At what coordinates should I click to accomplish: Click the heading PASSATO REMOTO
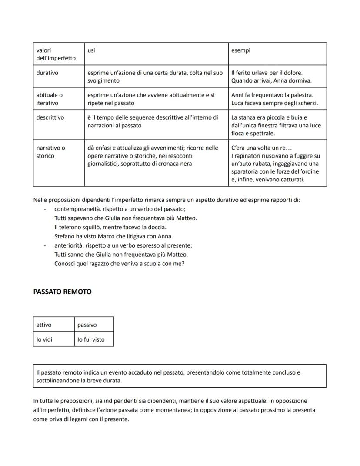[x=62, y=292]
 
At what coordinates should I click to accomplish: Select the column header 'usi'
[x=91, y=50]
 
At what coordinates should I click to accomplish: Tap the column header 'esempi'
[x=240, y=50]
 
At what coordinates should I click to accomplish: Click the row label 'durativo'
[x=47, y=73]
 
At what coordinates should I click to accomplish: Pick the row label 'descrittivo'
[x=50, y=117]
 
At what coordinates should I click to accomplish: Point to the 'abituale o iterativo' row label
[x=49, y=99]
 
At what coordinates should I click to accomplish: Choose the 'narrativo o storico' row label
[x=50, y=152]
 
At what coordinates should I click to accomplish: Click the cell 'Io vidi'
[x=44, y=339]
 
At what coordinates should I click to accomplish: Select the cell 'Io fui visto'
[x=91, y=339]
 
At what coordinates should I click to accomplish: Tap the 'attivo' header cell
[x=44, y=325]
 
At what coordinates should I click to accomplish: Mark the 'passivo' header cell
[x=87, y=325]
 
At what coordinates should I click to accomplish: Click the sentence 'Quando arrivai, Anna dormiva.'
[x=271, y=81]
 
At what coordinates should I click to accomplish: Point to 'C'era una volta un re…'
[x=261, y=148]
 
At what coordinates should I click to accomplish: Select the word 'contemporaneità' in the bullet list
[x=76, y=209]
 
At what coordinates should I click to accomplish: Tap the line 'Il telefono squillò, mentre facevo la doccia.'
[x=110, y=227]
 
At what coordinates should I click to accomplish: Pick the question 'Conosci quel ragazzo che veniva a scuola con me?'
[x=119, y=264]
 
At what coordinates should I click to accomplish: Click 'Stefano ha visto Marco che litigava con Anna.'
[x=113, y=236]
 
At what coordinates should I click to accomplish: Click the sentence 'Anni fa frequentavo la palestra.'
[x=272, y=95]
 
